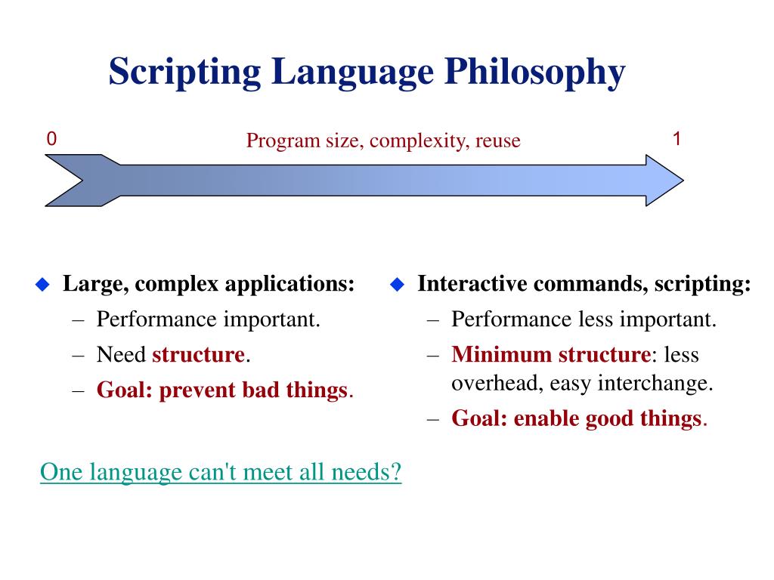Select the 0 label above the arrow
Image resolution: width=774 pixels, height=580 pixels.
point(51,139)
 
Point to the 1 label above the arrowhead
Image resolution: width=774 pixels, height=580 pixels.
point(676,139)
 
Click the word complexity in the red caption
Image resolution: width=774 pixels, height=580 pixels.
point(419,141)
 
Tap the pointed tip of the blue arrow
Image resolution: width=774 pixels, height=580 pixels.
point(683,180)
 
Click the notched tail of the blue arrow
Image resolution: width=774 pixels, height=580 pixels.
point(82,180)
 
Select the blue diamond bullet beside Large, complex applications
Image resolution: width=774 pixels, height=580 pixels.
point(43,285)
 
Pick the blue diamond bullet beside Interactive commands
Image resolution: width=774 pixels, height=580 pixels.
point(397,285)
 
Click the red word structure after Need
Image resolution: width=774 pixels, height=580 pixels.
point(199,355)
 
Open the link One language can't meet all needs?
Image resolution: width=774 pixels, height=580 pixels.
point(221,472)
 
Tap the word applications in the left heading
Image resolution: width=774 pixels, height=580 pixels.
point(289,285)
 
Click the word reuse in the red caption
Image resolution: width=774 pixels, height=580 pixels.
point(497,141)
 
